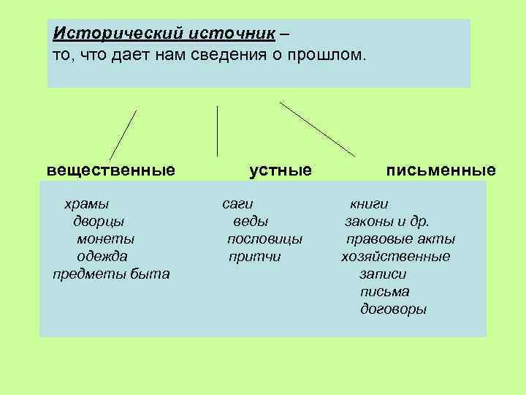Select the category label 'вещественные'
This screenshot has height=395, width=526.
pyautogui.click(x=111, y=170)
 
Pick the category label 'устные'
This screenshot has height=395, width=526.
pyautogui.click(x=281, y=170)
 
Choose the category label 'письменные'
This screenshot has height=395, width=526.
pyautogui.click(x=441, y=170)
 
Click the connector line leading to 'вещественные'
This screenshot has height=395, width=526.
pyautogui.click(x=123, y=135)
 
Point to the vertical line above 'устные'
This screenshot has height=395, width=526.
pyautogui.click(x=217, y=132)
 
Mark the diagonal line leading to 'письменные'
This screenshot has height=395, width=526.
pyautogui.click(x=318, y=129)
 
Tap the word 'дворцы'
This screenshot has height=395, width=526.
pyautogui.click(x=99, y=221)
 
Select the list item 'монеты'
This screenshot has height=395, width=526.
pyautogui.click(x=105, y=238)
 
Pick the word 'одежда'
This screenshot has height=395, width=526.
pyautogui.click(x=102, y=256)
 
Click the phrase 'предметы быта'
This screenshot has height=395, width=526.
pyautogui.click(x=111, y=274)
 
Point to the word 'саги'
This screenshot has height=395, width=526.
pyautogui.click(x=237, y=203)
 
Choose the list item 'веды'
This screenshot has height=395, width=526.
pyautogui.click(x=251, y=221)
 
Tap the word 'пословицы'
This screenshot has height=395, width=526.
pyautogui.click(x=264, y=238)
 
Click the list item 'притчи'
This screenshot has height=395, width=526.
pyautogui.click(x=254, y=256)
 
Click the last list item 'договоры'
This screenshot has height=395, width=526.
pyautogui.click(x=393, y=309)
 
